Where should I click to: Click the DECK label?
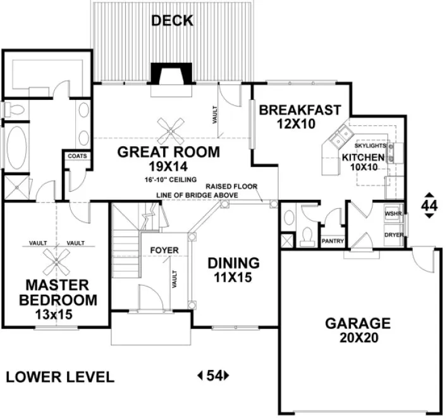172,22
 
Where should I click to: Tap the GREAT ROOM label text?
169,152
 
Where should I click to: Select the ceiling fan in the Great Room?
171,130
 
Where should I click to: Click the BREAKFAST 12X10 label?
300,116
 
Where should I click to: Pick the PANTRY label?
332,241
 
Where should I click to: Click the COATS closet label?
77,156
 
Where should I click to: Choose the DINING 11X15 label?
234,268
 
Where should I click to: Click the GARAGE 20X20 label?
357,330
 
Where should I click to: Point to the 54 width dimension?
214,376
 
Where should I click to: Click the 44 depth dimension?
429,206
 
